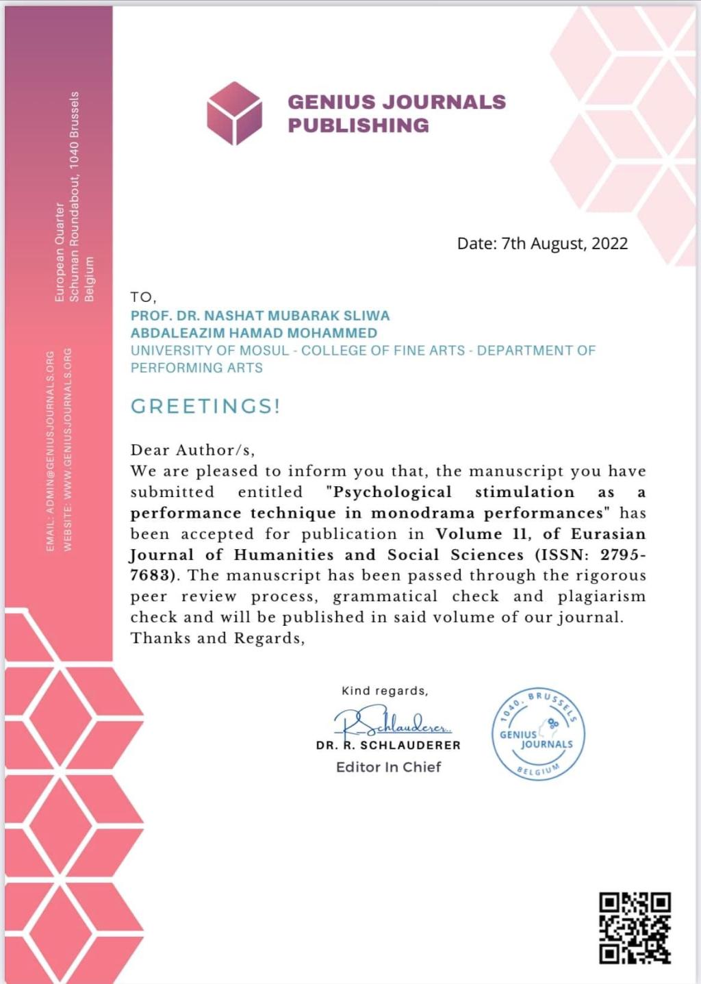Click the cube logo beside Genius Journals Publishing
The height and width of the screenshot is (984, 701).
click(x=234, y=113)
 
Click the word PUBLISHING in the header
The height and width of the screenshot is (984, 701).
click(x=358, y=125)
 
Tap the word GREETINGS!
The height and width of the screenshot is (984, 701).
click(x=205, y=406)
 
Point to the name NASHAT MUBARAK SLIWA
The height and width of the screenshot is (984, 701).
click(x=297, y=316)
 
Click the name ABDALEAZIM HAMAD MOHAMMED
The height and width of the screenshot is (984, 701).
click(x=254, y=333)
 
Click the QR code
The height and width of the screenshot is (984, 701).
click(x=635, y=928)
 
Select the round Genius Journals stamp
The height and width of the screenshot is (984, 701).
click(x=538, y=734)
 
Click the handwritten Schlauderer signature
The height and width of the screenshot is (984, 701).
click(x=392, y=721)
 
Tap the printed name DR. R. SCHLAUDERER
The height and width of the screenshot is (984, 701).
click(x=388, y=745)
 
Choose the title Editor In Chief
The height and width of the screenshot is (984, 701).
click(x=388, y=767)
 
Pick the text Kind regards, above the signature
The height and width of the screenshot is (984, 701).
click(x=385, y=691)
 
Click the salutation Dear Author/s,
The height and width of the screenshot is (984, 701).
click(x=192, y=450)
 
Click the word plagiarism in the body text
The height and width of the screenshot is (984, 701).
click(x=601, y=596)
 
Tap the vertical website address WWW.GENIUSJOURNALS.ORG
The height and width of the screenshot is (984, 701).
click(x=67, y=449)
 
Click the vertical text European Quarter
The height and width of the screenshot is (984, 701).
click(x=60, y=252)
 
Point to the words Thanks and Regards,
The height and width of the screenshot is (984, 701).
click(x=218, y=638)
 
